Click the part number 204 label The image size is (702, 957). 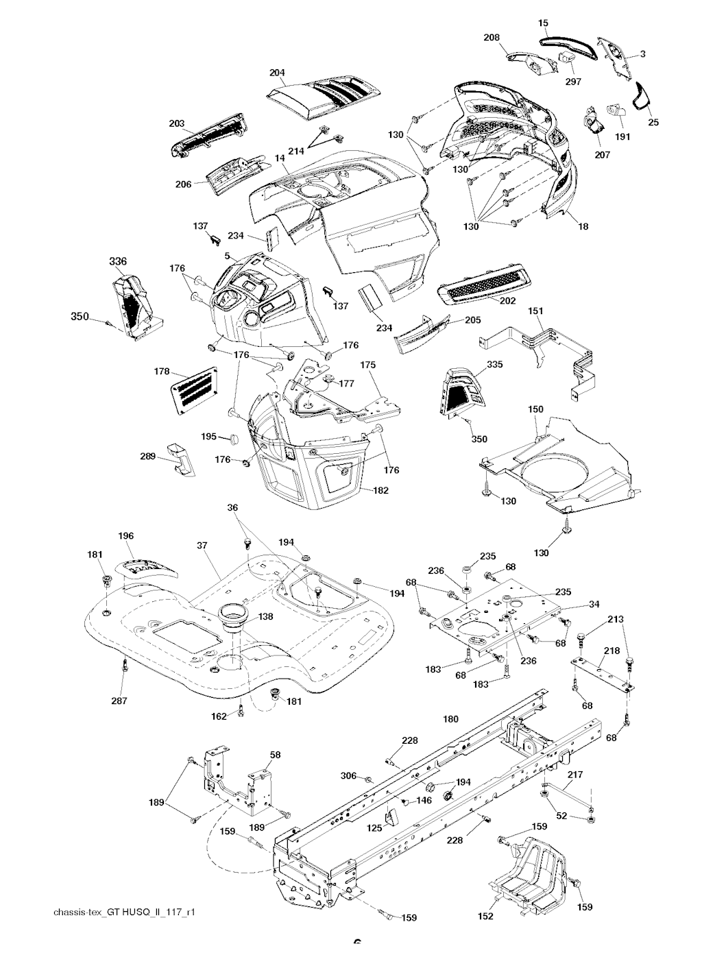(x=278, y=73)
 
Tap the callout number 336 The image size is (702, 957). (x=118, y=261)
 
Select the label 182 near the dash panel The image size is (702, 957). (x=380, y=491)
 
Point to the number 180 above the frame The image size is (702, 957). (x=450, y=719)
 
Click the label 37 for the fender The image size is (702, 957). (x=202, y=546)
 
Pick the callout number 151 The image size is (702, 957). (x=535, y=311)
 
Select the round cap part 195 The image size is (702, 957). (x=233, y=437)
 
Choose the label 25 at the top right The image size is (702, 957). (x=653, y=122)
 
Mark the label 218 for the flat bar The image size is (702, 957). (x=612, y=651)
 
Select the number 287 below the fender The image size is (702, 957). (x=123, y=701)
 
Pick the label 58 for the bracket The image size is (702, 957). (x=275, y=754)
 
